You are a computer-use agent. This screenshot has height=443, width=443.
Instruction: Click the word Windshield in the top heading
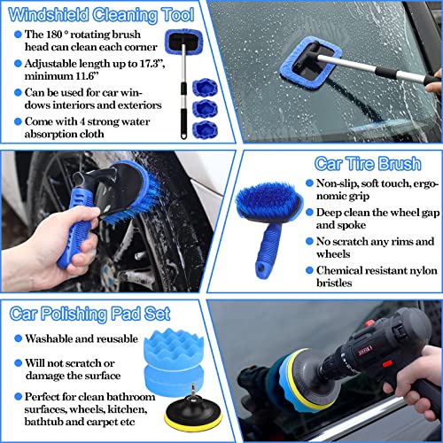click(49, 15)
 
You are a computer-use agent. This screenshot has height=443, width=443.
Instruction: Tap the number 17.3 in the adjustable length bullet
click(150, 64)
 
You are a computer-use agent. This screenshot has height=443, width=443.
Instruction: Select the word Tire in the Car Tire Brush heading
click(361, 163)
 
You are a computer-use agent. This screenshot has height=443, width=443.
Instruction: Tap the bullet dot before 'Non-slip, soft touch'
click(309, 183)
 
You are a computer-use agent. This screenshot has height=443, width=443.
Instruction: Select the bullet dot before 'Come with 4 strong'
click(18, 121)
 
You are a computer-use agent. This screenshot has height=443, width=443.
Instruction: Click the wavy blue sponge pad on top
click(174, 348)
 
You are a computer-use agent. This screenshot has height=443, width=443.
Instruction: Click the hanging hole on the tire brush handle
click(261, 268)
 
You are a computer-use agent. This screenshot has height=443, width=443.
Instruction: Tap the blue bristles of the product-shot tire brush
click(267, 198)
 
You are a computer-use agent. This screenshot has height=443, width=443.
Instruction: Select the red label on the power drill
click(365, 351)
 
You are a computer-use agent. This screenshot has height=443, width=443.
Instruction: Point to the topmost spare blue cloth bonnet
click(205, 88)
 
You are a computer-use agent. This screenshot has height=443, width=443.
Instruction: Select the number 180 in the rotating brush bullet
click(54, 35)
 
